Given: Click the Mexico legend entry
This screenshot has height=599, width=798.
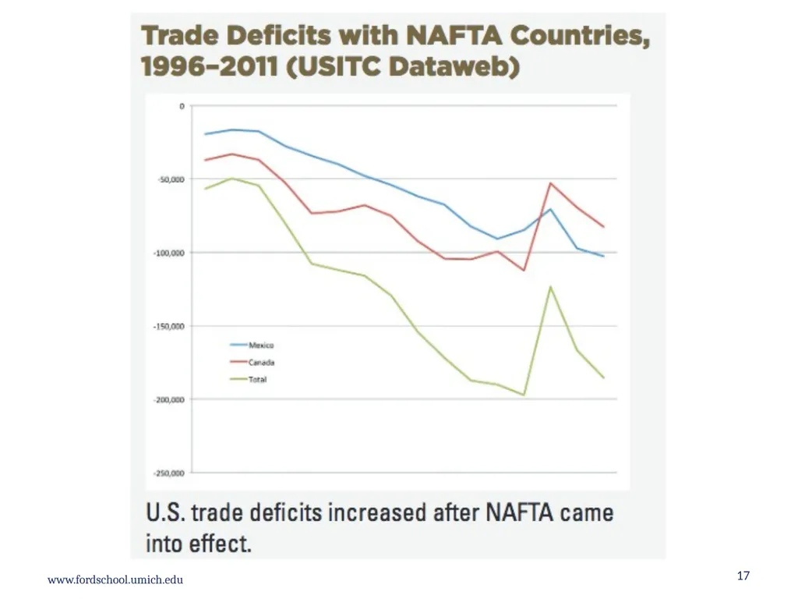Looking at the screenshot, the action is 252,346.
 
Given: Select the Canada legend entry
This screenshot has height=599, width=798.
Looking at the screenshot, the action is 252,363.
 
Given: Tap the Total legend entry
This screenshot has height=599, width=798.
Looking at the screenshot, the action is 249,380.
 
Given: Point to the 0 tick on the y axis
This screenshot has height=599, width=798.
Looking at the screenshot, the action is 182,106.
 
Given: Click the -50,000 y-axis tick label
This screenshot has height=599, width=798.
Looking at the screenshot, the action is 171,179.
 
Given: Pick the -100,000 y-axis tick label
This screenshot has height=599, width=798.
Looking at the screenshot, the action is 169,253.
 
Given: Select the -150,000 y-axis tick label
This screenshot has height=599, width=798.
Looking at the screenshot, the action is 169,326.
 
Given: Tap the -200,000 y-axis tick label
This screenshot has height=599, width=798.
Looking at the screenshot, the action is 169,400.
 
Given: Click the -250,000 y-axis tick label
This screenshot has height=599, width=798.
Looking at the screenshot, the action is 169,473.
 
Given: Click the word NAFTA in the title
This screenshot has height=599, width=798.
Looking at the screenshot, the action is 454,36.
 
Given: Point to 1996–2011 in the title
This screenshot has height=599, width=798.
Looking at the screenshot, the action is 209,67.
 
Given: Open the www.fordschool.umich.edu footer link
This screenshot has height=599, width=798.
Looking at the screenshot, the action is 115,580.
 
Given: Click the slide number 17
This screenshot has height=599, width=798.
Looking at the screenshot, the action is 743,576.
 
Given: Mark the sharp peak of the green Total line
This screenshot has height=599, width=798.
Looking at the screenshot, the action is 550,287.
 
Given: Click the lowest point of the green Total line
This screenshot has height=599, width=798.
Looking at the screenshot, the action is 524,395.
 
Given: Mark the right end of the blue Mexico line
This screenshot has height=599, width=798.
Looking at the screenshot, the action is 604,256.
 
